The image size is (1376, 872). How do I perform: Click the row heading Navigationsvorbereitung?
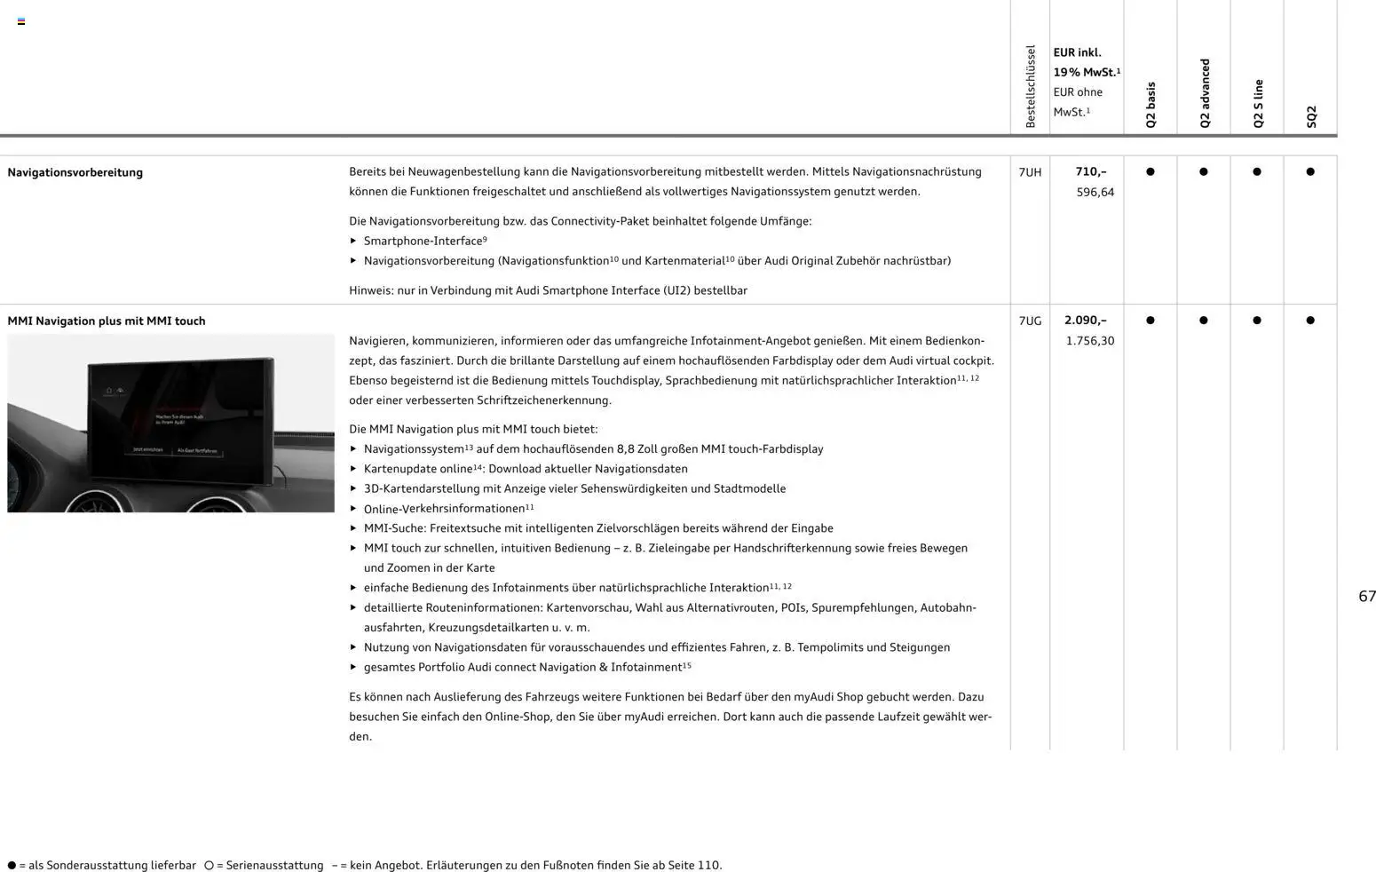[75, 172]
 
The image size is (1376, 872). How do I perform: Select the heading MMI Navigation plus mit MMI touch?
[107, 321]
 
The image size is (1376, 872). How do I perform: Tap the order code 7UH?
[1030, 172]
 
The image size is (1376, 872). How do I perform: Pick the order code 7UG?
[1030, 321]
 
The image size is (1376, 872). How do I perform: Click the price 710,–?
[1090, 171]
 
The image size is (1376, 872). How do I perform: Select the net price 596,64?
[1095, 192]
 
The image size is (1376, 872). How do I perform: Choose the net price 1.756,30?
[1089, 340]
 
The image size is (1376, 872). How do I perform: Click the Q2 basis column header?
[1151, 105]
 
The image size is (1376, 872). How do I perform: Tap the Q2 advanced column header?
[1204, 93]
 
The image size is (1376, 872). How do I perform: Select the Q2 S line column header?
[1257, 103]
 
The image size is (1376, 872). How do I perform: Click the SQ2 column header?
[1310, 116]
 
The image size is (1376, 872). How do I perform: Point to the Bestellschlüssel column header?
[1030, 86]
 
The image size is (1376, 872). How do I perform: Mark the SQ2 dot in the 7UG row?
[1310, 321]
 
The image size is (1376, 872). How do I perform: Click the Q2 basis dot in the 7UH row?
[1151, 172]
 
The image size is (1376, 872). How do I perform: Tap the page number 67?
[1366, 597]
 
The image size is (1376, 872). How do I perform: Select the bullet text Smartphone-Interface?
[423, 241]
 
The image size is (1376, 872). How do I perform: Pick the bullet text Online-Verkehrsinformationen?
[444, 509]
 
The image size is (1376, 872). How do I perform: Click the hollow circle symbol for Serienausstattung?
[209, 865]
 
